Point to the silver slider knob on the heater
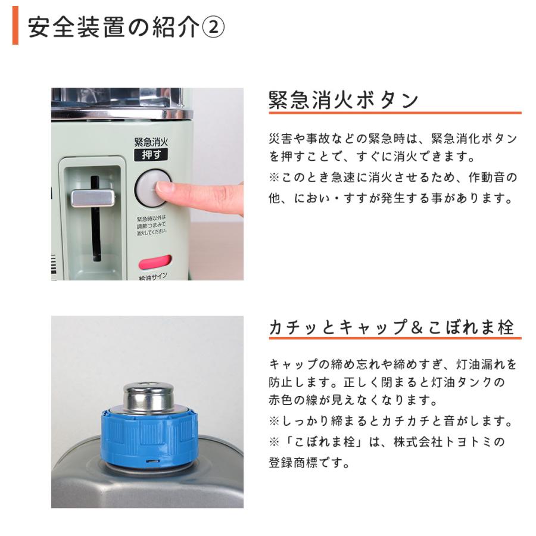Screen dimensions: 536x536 pyautogui.click(x=92, y=197)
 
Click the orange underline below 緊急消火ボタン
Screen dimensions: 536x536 pyautogui.click(x=394, y=113)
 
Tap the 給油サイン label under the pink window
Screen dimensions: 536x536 pyautogui.click(x=152, y=276)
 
